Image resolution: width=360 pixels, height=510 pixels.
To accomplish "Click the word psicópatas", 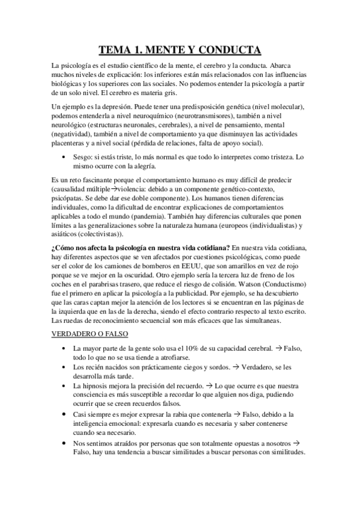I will tap(69, 196).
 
